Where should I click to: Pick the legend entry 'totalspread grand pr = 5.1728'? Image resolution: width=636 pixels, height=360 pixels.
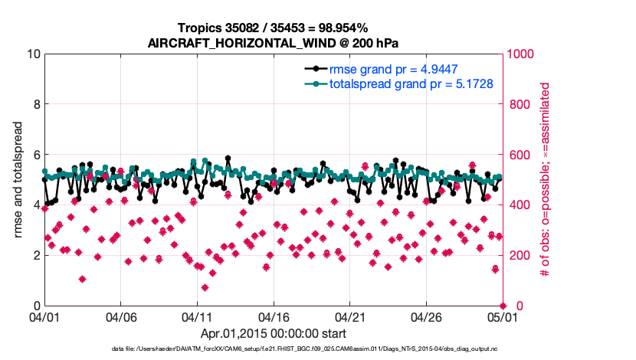click(x=411, y=83)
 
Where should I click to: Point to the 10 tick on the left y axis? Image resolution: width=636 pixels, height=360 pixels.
click(x=33, y=54)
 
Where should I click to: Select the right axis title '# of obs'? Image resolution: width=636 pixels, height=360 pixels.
click(x=546, y=180)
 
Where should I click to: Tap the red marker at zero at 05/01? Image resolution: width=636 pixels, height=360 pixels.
click(x=503, y=306)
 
